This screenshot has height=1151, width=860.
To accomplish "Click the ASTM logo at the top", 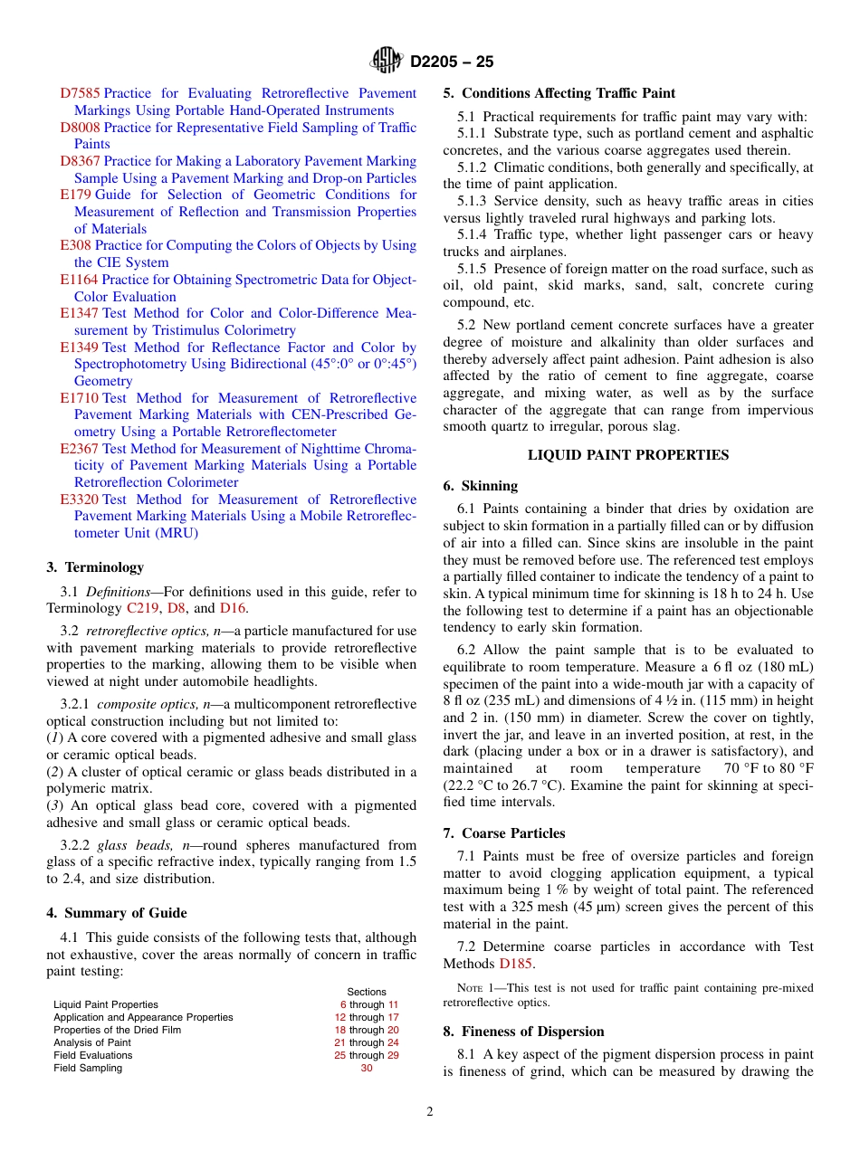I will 386,62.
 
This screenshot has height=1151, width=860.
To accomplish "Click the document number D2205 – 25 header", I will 452,62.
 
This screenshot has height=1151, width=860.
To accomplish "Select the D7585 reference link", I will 80,93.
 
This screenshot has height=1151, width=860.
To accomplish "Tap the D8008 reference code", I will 80,128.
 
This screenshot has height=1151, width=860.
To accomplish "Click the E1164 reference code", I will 79,280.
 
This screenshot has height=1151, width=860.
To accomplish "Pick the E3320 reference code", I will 79,499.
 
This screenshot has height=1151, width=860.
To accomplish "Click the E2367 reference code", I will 79,449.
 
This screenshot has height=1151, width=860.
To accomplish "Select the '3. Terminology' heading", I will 95,567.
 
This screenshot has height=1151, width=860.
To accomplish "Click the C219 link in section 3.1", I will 142,608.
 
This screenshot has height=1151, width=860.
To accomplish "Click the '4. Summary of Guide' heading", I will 117,913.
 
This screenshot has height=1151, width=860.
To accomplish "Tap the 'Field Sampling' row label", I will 88,1068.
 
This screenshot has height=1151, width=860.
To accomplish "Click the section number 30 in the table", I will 367,1068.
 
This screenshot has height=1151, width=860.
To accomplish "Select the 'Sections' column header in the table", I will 367,992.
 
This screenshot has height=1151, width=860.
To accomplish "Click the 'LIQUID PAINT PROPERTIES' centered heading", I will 628,455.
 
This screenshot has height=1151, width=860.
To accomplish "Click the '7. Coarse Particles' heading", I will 504,833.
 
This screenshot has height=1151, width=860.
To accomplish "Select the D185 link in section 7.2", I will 516,964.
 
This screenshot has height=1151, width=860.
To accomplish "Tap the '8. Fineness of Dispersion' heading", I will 524,1032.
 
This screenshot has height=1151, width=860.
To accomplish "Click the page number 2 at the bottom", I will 430,1112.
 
